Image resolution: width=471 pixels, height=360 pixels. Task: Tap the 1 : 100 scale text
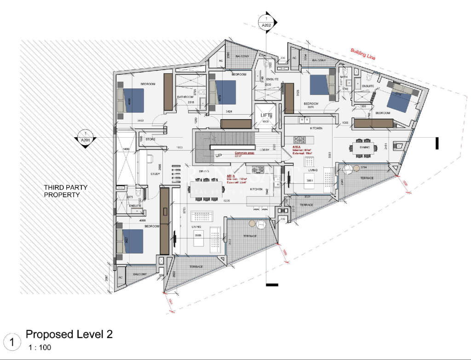click(40, 348)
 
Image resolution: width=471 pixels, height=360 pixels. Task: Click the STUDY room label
click(155, 174)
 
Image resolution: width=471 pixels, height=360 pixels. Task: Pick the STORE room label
click(150, 139)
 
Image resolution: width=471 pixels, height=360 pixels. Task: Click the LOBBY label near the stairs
click(264, 150)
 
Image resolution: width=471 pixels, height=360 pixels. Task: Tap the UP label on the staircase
click(218, 156)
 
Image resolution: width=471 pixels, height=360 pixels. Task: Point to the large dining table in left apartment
click(206, 187)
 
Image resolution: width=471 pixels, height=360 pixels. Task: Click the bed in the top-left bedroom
click(131, 100)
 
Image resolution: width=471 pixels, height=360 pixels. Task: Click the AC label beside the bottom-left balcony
click(121, 278)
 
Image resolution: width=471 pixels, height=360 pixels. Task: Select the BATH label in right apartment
click(344, 76)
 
